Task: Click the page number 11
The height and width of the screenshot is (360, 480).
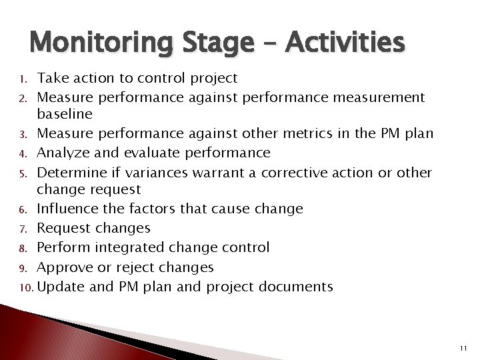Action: coord(465,347)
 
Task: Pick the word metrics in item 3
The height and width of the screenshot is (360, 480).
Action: coord(331,134)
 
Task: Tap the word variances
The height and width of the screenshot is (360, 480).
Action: coord(157,173)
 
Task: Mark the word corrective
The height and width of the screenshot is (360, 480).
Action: coord(306,173)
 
